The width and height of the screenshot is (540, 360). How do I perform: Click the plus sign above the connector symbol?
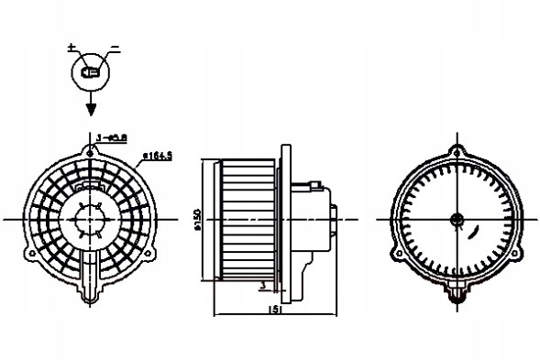(x=72, y=46)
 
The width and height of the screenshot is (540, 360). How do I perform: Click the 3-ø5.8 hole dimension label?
(x=112, y=138)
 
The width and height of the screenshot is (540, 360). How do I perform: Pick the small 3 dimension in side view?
(x=263, y=285)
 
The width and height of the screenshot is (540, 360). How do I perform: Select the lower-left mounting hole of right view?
(x=396, y=254)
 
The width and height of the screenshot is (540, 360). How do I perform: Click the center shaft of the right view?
(x=456, y=219)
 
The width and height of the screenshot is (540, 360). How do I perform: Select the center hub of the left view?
(x=90, y=220)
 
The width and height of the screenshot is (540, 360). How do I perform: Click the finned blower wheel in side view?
(x=248, y=220)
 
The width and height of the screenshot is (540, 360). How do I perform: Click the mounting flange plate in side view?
(x=285, y=220)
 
